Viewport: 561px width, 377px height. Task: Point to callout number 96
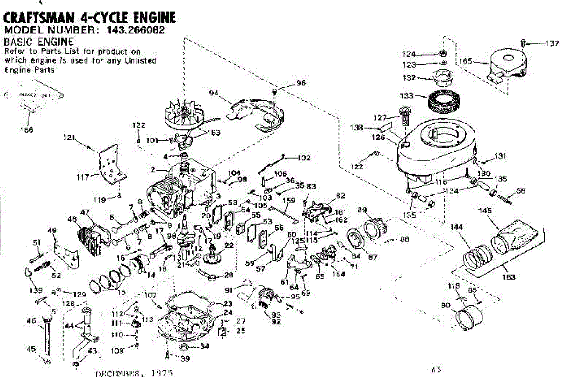301,83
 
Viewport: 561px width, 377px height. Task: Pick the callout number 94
215,94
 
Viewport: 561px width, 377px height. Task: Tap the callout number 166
28,130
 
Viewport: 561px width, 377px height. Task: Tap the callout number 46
32,321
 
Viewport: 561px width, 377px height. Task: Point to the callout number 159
289,201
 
